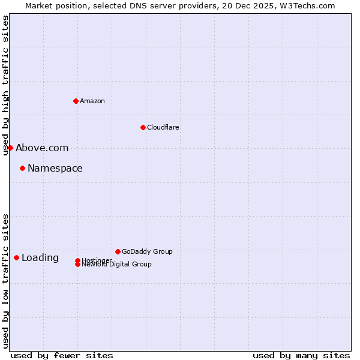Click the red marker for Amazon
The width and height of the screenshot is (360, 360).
click(x=76, y=101)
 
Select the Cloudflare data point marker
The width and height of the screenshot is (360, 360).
click(x=143, y=127)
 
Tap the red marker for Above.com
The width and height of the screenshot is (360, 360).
click(x=10, y=148)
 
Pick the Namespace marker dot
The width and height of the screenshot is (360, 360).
click(x=22, y=168)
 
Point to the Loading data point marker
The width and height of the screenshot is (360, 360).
click(x=16, y=257)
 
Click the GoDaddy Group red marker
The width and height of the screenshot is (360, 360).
click(x=118, y=251)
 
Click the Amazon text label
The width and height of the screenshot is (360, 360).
click(x=92, y=101)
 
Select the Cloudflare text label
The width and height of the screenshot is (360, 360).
click(x=163, y=127)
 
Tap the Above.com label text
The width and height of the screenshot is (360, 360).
click(x=42, y=148)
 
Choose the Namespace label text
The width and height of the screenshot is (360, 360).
click(x=55, y=168)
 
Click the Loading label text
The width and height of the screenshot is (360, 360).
click(x=40, y=257)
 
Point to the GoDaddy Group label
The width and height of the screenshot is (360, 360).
click(x=147, y=251)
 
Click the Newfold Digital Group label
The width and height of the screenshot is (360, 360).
click(x=116, y=265)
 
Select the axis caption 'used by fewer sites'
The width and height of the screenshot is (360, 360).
click(x=62, y=355)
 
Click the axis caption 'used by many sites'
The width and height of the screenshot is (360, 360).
click(x=301, y=355)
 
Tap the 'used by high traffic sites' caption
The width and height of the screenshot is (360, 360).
click(x=5, y=85)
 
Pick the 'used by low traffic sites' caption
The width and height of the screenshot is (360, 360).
click(x=5, y=280)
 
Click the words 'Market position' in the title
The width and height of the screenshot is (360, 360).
click(x=53, y=5)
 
